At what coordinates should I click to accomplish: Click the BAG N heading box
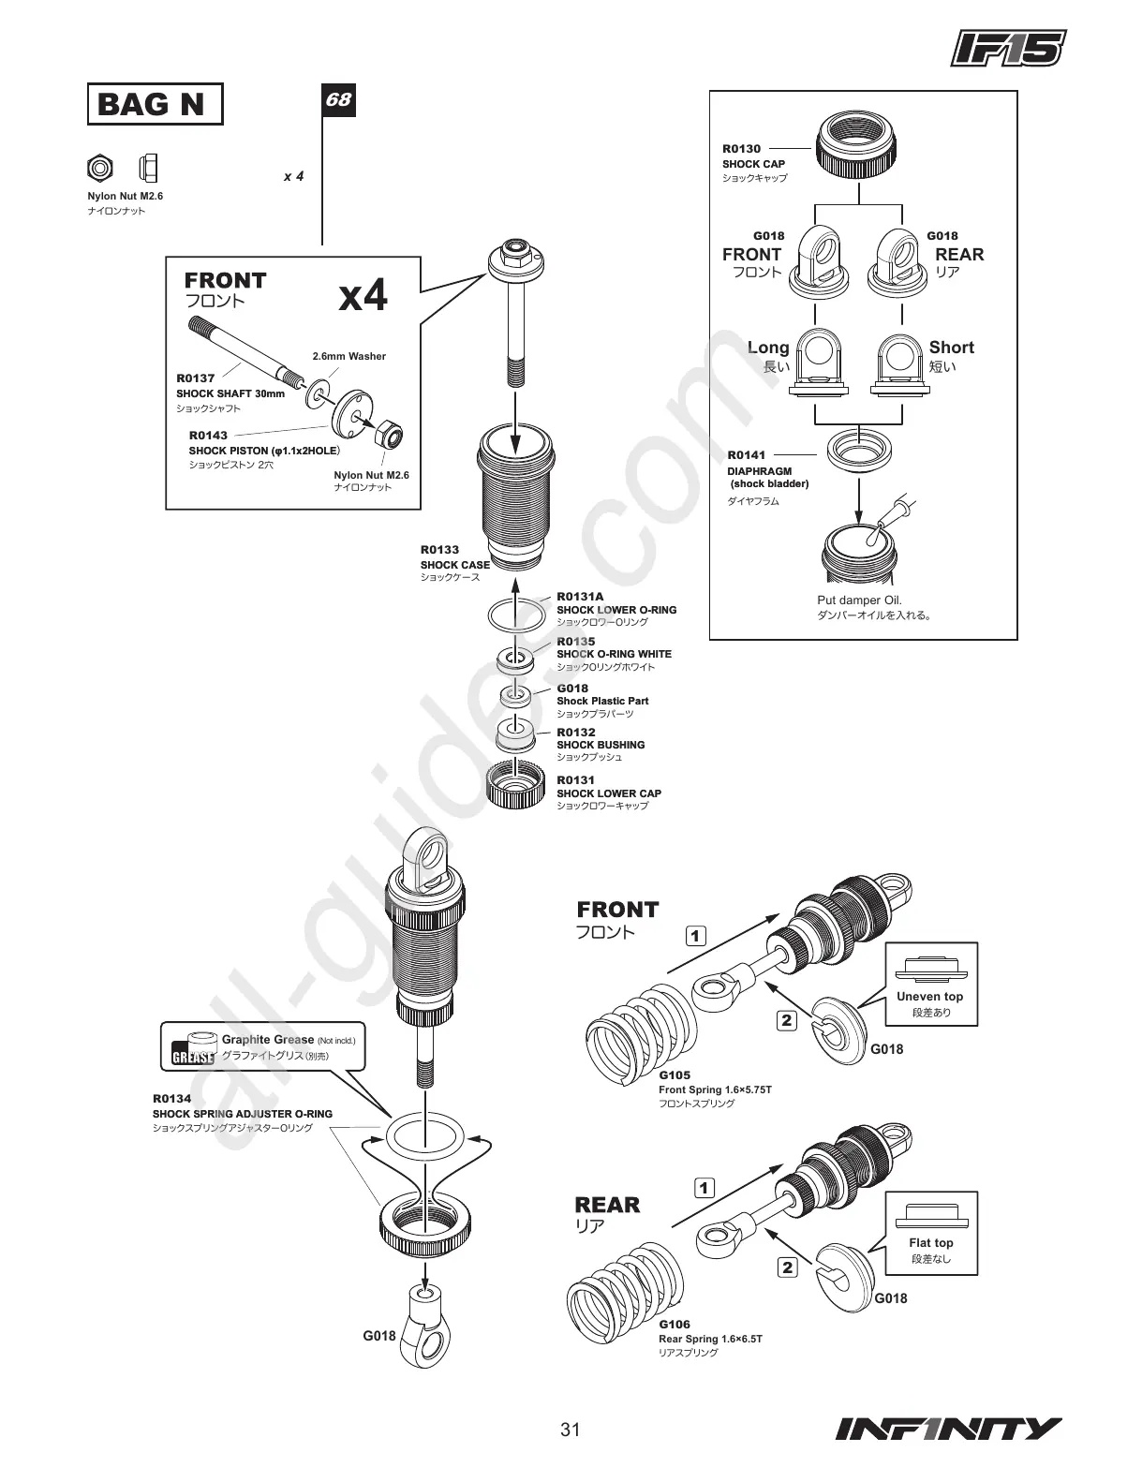click(155, 104)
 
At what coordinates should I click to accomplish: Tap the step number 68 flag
click(338, 99)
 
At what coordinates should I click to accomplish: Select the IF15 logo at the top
click(1008, 48)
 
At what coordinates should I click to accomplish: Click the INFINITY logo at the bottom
click(948, 1430)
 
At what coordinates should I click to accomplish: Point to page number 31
click(571, 1430)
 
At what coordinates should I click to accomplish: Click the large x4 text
click(363, 297)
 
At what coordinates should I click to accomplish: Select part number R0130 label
click(741, 149)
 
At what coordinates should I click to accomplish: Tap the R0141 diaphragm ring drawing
click(858, 449)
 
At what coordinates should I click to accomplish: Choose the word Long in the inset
click(768, 348)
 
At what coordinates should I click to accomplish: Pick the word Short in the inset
click(951, 348)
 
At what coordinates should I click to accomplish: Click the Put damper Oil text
click(859, 600)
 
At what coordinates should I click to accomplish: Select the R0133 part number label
click(439, 550)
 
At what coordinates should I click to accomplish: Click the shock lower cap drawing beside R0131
click(517, 784)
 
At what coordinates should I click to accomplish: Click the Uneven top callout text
click(929, 997)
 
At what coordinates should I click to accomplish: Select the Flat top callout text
click(930, 1243)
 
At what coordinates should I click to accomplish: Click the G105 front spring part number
click(674, 1076)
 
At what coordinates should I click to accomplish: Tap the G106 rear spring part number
click(674, 1325)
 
